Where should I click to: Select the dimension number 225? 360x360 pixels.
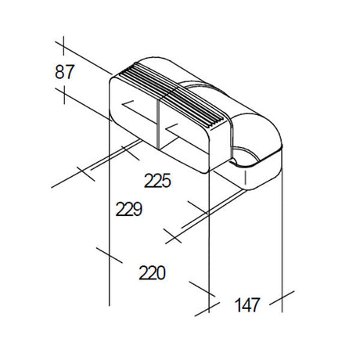click(158, 181)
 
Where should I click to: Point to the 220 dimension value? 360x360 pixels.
click(152, 273)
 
